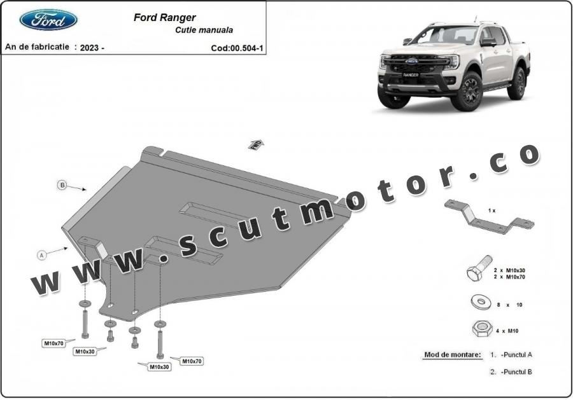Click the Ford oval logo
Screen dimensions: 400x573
coord(48,20)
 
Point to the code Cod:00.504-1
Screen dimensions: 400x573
coord(237,48)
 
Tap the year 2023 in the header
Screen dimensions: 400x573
coord(92,48)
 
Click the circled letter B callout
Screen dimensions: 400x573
coord(62,185)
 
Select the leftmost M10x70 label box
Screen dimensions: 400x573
coord(53,343)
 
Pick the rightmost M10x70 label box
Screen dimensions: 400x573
coord(192,361)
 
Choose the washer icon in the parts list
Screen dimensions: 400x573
coord(479,301)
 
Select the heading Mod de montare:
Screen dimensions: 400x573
coord(453,354)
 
